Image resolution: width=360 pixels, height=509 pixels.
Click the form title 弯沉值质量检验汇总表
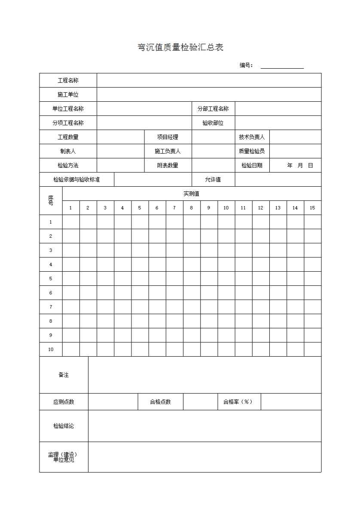pos(180,47)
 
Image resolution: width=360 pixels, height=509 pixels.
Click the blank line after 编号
pos(282,66)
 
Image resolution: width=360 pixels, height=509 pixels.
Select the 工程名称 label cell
pos(68,80)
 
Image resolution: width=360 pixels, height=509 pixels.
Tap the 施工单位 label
pos(68,94)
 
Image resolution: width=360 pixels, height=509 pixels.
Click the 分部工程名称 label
pos(213,109)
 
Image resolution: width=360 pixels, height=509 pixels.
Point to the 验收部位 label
pos(213,123)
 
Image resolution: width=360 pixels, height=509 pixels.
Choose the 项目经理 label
pos(168,137)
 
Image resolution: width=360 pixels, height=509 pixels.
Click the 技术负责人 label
pos(252,137)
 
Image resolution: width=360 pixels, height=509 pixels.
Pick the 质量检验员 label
pos(252,151)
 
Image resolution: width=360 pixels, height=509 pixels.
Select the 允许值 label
pos(213,179)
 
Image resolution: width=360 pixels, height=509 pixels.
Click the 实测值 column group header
pos(192,194)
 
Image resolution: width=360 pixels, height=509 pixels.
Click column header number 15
pos(312,208)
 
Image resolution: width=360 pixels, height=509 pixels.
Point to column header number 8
pos(191,208)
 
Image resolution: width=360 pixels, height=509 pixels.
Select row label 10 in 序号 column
pos(51,349)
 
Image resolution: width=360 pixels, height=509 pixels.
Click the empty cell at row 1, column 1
pos(71,222)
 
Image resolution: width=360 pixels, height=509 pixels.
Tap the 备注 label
pos(64,375)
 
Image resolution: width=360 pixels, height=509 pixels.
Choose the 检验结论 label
pos(64,426)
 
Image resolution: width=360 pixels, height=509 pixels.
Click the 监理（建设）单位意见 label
pos(63,457)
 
